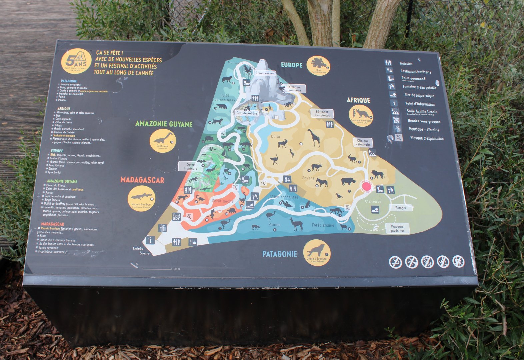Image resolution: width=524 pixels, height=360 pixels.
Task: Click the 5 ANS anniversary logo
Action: coord(76,61)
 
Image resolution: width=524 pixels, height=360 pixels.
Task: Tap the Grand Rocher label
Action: coord(264,73)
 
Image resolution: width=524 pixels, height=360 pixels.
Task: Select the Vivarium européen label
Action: coord(294,89)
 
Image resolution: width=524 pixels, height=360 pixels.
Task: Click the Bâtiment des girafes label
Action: coord(322,113)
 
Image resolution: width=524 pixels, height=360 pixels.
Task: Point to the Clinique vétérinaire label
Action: coord(363,143)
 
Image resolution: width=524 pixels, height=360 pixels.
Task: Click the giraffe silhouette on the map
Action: coord(314,137)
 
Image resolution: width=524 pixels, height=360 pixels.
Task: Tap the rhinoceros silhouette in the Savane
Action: coord(348,181)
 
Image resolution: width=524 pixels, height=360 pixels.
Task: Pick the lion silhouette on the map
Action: coord(378,174)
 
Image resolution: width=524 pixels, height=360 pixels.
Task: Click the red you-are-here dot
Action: coord(367,186)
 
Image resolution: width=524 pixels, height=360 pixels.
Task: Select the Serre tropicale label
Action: coord(191,166)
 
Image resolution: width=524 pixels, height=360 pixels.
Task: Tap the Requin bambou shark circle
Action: coord(142,198)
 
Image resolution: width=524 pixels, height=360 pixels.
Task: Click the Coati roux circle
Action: coord(163,140)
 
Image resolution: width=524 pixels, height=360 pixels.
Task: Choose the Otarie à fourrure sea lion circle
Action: coord(317,252)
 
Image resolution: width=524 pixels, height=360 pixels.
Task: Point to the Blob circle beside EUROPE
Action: coord(318,65)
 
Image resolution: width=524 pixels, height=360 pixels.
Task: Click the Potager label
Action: coord(401,208)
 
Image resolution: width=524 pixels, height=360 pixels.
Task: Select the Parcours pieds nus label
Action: coord(397,228)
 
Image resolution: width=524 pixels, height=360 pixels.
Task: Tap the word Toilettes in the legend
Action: coord(406,63)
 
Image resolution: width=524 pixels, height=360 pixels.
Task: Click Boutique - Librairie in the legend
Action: coord(424,130)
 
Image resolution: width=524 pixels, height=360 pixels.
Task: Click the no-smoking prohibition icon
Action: coord(395,262)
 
